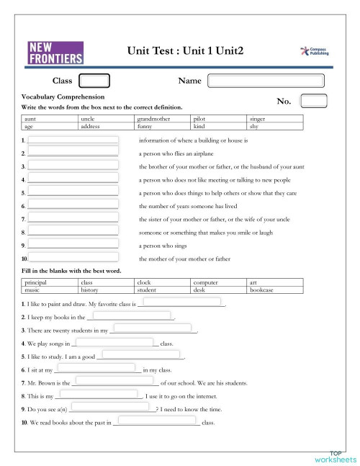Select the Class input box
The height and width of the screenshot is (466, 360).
point(94,81)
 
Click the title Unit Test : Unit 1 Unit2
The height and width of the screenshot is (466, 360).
point(185,51)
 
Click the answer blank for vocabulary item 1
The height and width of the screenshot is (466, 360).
point(73,140)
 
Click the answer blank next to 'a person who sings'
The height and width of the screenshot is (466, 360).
point(73,245)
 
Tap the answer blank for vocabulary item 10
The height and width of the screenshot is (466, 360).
point(73,257)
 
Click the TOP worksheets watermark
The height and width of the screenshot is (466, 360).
point(334,455)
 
